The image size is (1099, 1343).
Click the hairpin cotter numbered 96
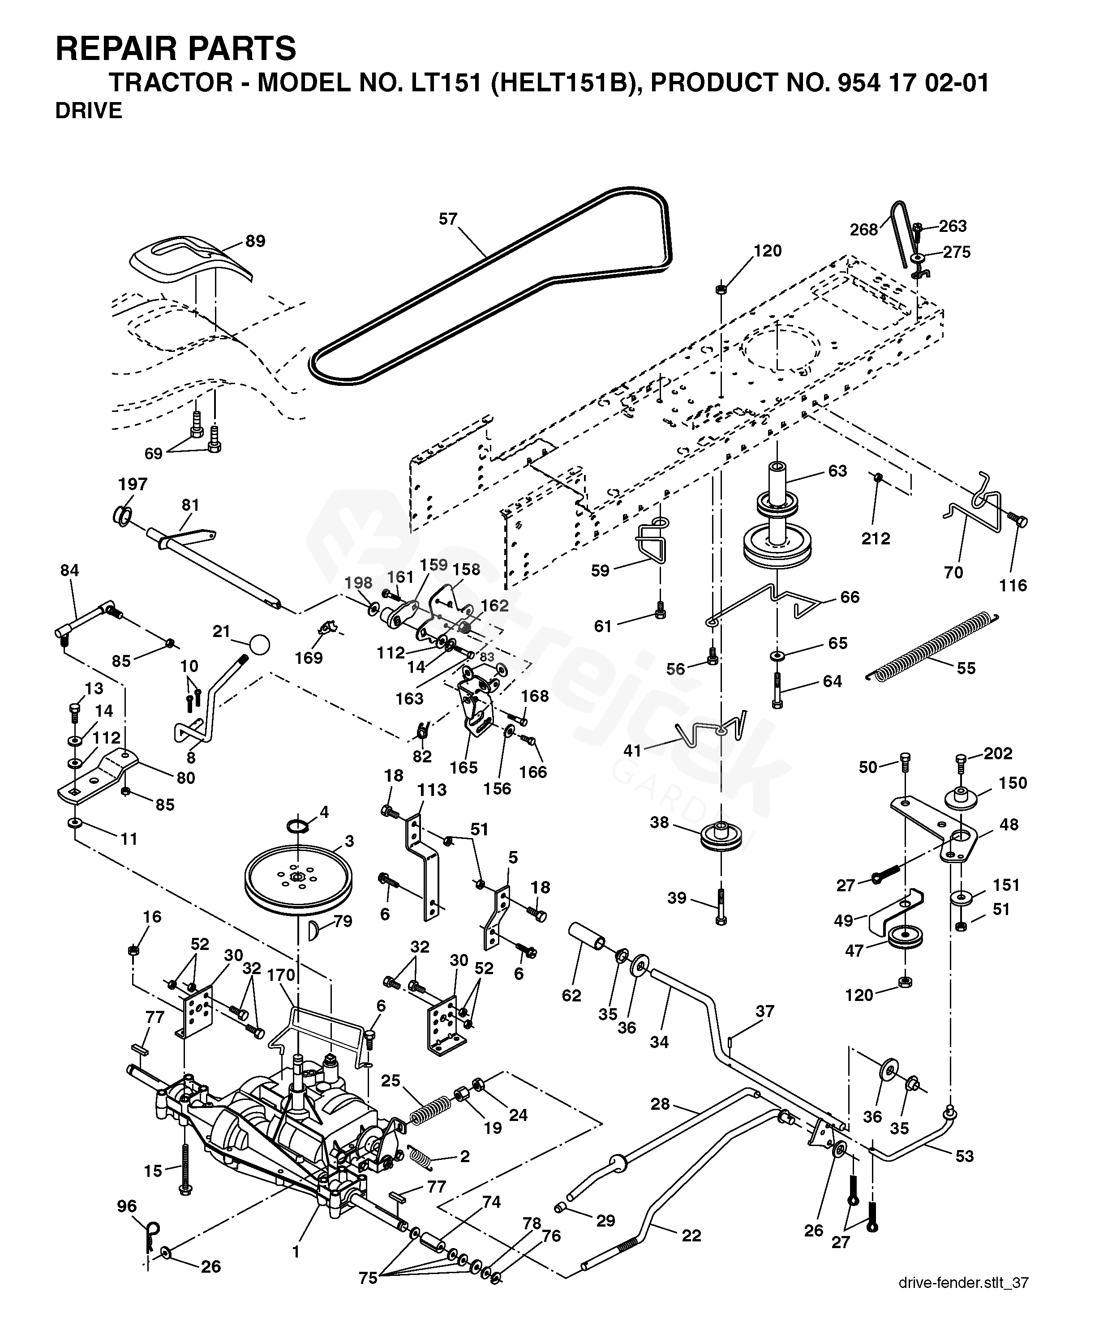pos(150,1235)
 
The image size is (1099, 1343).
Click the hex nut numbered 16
pos(133,950)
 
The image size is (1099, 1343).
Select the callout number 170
pos(281,975)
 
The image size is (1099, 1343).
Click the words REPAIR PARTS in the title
pos(176,49)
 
